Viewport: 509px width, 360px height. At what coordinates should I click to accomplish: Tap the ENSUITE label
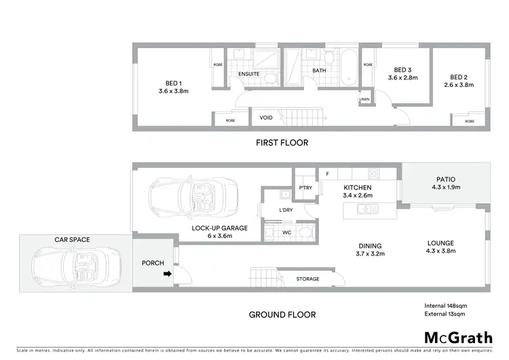(248, 74)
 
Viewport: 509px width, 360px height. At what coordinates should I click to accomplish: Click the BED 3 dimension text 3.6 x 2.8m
(402, 78)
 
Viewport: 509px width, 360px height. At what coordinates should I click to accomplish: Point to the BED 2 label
(459, 77)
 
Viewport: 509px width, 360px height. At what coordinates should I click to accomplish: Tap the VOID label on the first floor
(266, 118)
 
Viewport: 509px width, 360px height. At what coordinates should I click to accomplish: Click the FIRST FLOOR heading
(281, 143)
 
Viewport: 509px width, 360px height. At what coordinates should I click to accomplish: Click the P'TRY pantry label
(305, 188)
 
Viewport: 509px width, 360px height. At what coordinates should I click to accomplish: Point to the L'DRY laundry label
(285, 210)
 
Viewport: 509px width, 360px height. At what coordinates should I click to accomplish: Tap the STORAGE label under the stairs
(308, 279)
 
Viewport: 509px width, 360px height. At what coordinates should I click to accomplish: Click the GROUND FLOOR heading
(281, 314)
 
